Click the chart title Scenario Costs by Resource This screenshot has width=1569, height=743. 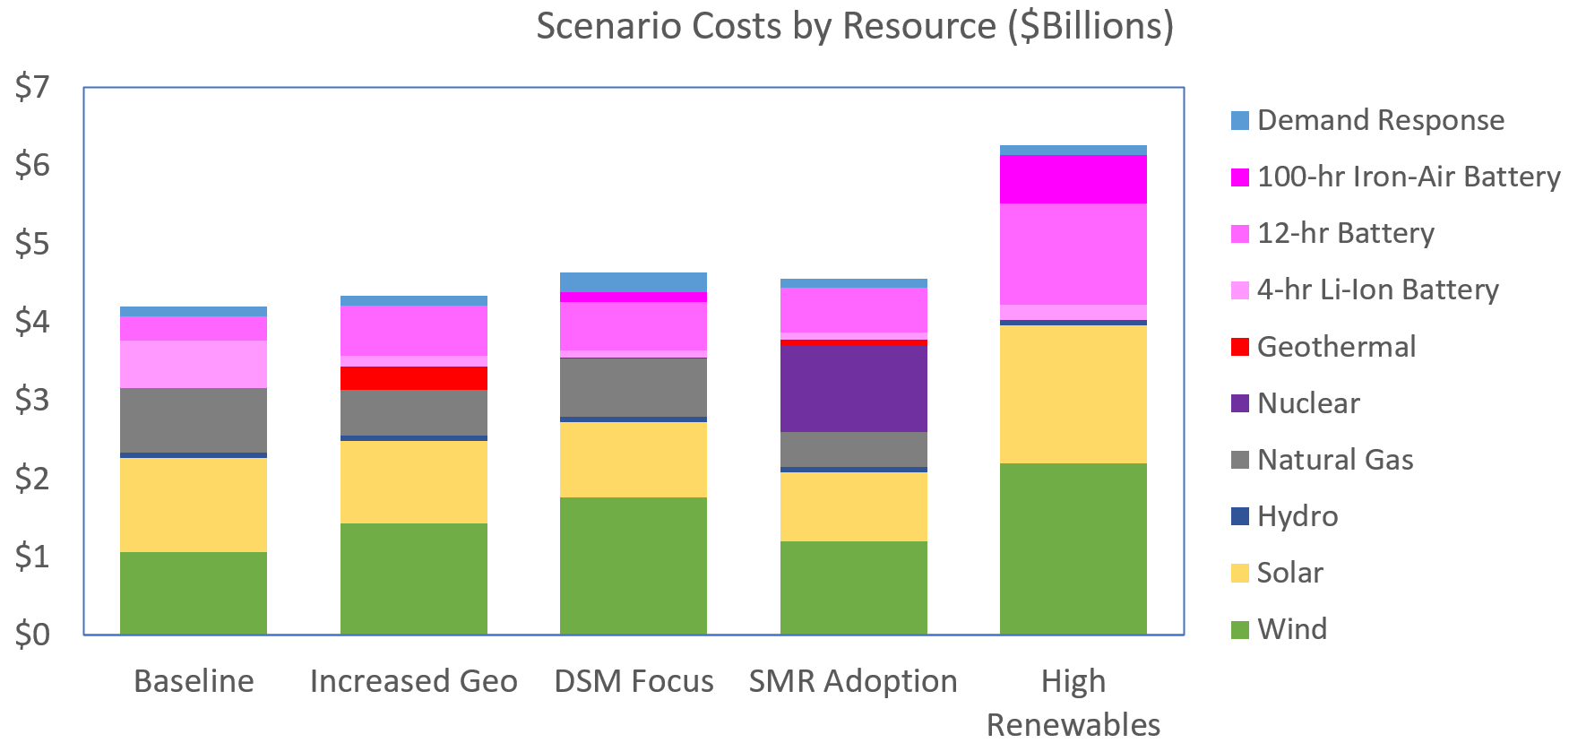pos(854,26)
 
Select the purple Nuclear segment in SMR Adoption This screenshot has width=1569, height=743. pos(853,388)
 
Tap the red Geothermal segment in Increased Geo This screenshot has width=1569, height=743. pos(413,377)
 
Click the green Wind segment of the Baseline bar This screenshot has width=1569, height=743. pos(194,592)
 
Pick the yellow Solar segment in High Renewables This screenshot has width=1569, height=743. pos(1073,393)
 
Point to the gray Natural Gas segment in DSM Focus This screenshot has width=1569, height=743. pos(633,387)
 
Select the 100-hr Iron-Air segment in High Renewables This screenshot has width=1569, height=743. pos(1073,179)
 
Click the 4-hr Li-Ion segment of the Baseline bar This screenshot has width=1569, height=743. pos(194,364)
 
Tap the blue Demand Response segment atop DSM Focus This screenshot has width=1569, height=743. pos(633,281)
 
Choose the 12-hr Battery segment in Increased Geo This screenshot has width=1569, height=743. pos(413,331)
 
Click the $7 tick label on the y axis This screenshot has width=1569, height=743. pos(32,88)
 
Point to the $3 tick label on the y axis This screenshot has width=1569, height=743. pos(32,400)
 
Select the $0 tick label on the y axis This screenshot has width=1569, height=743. pos(32,635)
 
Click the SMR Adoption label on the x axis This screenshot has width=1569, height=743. pos(853,681)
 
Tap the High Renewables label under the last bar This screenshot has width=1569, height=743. pos(1073,703)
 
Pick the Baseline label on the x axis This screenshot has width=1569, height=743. pos(194,681)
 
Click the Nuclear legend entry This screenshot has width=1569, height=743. pos(1307,403)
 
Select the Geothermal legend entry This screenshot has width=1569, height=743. pos(1335,347)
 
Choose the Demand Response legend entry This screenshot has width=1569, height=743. pos(1380,120)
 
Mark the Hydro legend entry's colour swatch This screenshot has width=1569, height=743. pos(1240,516)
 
